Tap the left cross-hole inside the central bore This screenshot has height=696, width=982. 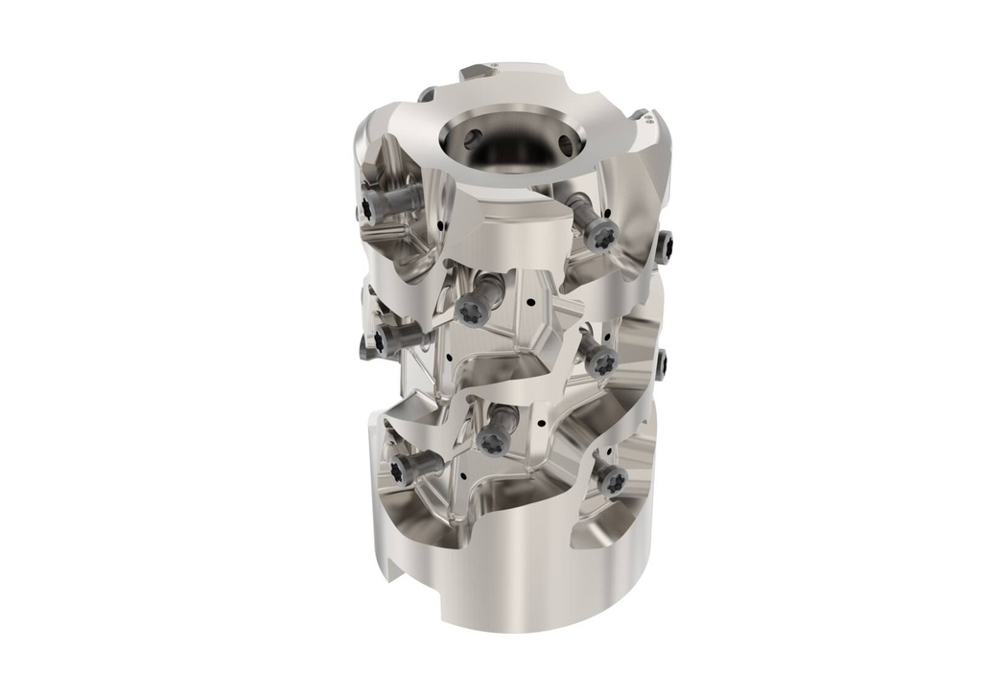[x=470, y=139]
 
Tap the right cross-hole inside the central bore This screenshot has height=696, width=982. [x=565, y=145]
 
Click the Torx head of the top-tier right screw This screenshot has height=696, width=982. [x=601, y=233]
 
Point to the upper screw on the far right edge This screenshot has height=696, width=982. [x=666, y=246]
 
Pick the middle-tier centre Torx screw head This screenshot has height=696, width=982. [x=471, y=311]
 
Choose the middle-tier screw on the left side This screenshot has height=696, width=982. [x=381, y=339]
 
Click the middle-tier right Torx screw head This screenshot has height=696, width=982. [x=602, y=361]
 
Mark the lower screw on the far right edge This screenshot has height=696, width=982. [x=663, y=363]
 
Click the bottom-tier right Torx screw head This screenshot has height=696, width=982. [x=610, y=480]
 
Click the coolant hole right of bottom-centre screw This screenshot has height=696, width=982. [x=542, y=425]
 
